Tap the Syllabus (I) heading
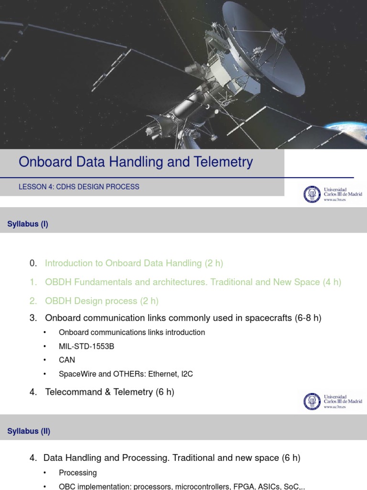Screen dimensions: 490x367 (x=28, y=224)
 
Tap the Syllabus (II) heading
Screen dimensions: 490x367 (x=29, y=431)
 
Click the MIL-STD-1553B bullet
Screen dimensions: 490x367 (x=86, y=346)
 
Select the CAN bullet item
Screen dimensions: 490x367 (x=67, y=360)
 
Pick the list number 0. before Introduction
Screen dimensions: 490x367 (x=33, y=263)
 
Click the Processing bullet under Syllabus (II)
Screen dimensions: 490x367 (x=78, y=473)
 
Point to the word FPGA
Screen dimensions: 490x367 (x=243, y=486)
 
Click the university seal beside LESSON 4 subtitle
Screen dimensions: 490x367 (x=312, y=194)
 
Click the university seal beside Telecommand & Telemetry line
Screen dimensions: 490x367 (x=312, y=401)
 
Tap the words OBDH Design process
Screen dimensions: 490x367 (x=91, y=301)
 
